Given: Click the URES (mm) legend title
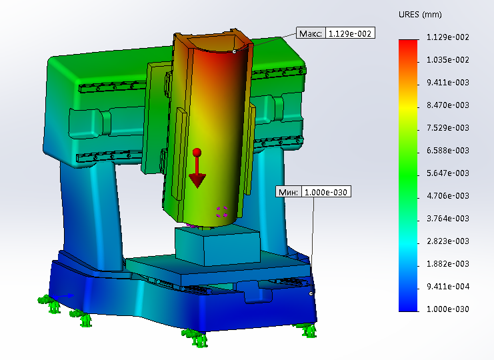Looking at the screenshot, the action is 420,15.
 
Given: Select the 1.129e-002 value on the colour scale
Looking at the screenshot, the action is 448,37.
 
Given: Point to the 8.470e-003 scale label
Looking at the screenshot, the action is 448,105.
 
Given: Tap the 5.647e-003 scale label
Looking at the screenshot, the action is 448,173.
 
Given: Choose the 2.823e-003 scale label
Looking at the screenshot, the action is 448,241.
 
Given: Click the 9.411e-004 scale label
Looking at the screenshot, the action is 448,287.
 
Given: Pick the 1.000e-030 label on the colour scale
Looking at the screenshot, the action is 448,309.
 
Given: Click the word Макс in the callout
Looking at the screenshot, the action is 310,33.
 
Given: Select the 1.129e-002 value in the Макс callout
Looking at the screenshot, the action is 350,33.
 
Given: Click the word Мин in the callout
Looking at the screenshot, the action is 288,192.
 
